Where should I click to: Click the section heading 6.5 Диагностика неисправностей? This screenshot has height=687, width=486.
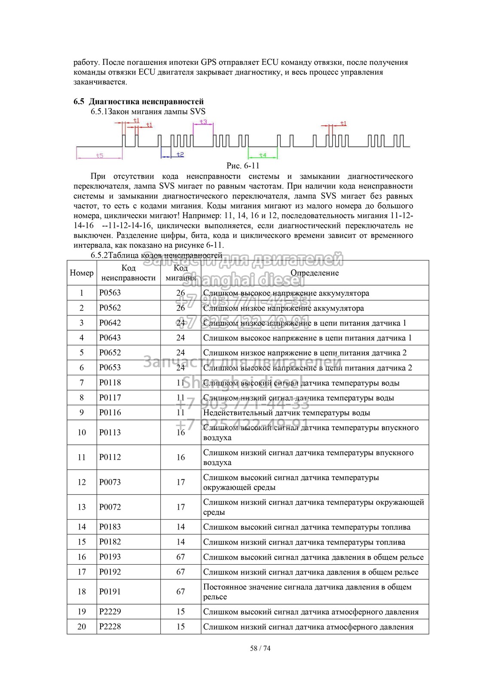[x=138, y=102]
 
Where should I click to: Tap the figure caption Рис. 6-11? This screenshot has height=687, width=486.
[x=243, y=166]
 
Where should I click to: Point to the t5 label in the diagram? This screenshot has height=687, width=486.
[x=100, y=155]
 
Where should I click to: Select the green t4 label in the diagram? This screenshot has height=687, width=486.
[x=263, y=155]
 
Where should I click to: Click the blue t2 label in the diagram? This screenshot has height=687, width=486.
[x=180, y=154]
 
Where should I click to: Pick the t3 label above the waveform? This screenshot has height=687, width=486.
[x=203, y=122]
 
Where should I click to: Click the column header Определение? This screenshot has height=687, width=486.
[x=315, y=273]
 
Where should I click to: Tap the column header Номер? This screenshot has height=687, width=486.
[x=82, y=273]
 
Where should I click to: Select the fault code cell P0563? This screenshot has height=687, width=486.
[x=110, y=293]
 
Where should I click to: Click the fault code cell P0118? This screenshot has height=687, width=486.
[x=110, y=383]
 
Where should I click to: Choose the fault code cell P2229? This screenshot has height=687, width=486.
[x=110, y=611]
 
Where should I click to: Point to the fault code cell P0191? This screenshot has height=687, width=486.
[x=110, y=592]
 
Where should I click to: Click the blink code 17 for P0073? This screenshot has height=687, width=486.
[x=180, y=482]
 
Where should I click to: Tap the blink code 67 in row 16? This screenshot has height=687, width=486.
[x=180, y=557]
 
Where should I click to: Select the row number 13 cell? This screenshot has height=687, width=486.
[x=82, y=507]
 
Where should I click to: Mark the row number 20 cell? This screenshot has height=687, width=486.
[x=82, y=626]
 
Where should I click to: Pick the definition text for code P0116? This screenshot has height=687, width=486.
[x=287, y=413]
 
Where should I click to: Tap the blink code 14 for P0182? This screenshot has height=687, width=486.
[x=180, y=542]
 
